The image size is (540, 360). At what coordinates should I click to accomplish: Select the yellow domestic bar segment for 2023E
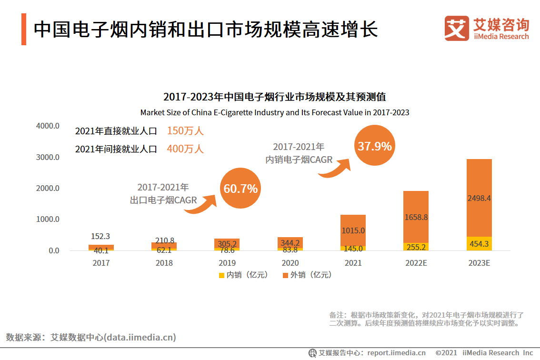[479, 243]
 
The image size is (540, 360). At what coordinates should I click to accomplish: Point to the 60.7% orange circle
[240, 189]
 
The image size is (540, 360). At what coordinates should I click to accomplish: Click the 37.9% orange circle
[375, 146]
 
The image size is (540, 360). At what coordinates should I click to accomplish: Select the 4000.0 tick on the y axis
[47, 126]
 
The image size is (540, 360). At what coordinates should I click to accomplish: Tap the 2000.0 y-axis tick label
[47, 188]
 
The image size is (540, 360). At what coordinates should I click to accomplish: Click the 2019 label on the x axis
[227, 263]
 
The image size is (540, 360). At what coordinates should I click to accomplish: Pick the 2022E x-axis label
[416, 263]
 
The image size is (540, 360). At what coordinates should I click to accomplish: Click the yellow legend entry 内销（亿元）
[243, 275]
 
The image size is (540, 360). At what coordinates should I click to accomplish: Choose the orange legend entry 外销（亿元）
[307, 275]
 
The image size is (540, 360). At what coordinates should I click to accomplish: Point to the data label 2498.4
[479, 198]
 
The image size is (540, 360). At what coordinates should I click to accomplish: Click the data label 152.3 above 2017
[101, 236]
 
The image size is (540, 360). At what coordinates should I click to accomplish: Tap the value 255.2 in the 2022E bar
[416, 248]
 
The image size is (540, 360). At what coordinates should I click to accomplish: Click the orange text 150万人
[185, 131]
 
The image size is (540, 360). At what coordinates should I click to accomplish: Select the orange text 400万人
[185, 149]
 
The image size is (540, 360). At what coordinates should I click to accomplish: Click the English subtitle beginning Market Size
[275, 113]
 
